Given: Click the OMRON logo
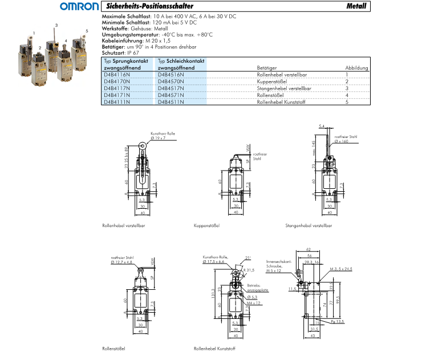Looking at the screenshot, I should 80,7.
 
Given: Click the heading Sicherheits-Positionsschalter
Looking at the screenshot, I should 139,6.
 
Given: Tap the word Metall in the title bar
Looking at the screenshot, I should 356,6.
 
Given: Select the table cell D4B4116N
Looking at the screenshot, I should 117,75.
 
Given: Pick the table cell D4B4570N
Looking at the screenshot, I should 171,82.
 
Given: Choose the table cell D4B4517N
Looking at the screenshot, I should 171,88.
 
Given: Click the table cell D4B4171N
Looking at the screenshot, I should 117,95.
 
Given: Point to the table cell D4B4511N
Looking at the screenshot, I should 171,102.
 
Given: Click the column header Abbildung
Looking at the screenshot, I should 356,67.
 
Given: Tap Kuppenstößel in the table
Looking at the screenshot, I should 271,82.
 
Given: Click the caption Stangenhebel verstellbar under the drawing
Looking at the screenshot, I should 309,225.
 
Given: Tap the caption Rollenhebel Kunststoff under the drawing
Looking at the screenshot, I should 214,348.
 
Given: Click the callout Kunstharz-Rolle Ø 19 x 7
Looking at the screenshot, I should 163,136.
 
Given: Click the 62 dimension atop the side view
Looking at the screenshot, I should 309,250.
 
